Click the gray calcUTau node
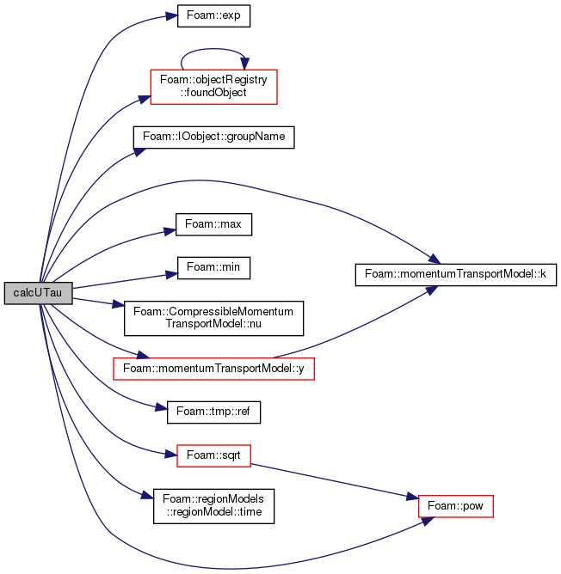[38, 293]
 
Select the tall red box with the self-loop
[213, 87]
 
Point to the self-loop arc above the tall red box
[213, 50]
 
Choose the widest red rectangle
[213, 369]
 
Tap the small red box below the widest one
[213, 455]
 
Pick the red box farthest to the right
[455, 506]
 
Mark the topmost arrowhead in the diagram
[172, 16]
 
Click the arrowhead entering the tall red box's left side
[145, 99]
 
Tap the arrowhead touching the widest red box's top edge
[143, 355]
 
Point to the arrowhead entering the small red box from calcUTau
[170, 453]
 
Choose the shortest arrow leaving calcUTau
[99, 302]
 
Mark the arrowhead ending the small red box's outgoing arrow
[411, 497]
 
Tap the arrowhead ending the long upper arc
[435, 259]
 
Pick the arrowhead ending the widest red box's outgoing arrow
[432, 290]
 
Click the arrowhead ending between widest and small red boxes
[162, 407]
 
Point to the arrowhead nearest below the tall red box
[139, 152]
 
